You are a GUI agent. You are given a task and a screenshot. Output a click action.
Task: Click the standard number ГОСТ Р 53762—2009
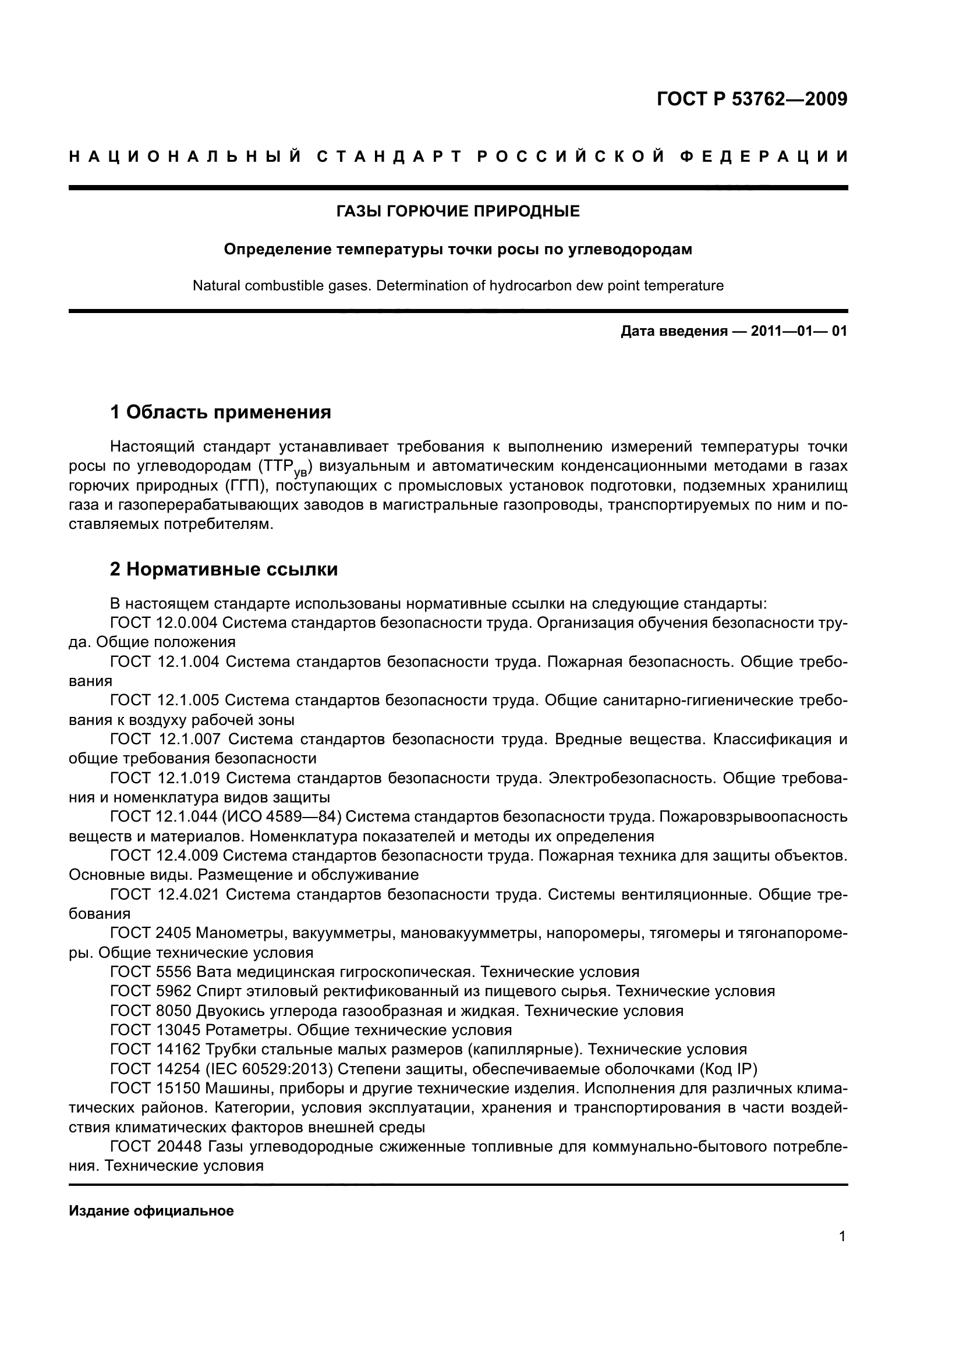pos(751,99)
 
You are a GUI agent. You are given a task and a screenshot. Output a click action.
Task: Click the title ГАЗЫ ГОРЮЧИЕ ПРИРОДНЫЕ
pos(458,211)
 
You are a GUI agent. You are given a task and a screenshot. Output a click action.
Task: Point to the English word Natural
pos(216,286)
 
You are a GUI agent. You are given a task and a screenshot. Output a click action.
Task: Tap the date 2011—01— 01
pos(799,331)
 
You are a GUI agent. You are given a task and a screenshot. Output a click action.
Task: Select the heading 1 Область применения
pos(221,411)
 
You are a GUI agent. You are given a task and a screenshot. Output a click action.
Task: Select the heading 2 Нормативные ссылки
pos(224,569)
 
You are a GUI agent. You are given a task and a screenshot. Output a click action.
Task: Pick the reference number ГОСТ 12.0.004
pos(164,623)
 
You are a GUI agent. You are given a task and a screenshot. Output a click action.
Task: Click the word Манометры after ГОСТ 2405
pos(234,933)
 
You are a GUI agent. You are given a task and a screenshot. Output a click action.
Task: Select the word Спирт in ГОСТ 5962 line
pos(219,991)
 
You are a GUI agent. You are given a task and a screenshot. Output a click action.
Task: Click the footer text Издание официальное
pos(151,1211)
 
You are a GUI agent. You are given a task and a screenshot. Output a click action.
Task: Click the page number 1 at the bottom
pos(842,1253)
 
